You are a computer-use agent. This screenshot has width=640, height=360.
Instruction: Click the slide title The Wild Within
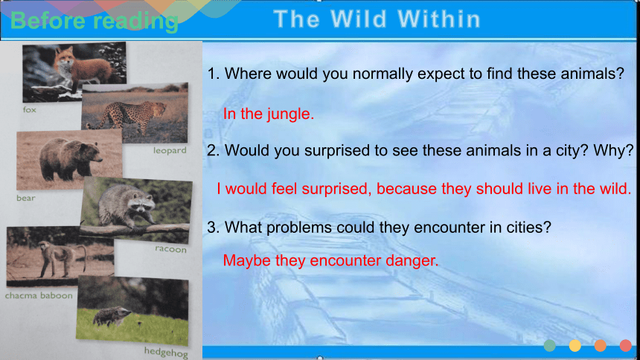[x=377, y=19]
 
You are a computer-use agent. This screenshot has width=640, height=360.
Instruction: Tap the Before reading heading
[x=95, y=21]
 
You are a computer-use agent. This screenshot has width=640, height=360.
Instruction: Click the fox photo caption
[x=29, y=109]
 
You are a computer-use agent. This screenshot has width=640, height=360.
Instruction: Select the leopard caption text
[x=170, y=150]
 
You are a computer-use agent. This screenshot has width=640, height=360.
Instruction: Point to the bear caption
[x=26, y=198]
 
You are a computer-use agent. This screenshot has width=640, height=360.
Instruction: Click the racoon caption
[x=170, y=249]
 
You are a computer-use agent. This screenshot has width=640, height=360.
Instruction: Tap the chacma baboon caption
[x=39, y=295]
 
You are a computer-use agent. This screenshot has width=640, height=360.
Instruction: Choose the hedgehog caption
[x=166, y=351]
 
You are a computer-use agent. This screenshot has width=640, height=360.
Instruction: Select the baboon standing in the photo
[x=60, y=257]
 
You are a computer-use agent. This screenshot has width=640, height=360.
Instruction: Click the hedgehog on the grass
[x=112, y=316]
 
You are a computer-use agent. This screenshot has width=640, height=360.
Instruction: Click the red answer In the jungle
[x=269, y=114]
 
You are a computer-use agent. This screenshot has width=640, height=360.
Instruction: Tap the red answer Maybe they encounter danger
[x=330, y=260]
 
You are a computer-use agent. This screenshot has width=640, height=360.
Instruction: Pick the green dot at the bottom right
[x=549, y=345]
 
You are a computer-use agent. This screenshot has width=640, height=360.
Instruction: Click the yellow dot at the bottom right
[x=575, y=345]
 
